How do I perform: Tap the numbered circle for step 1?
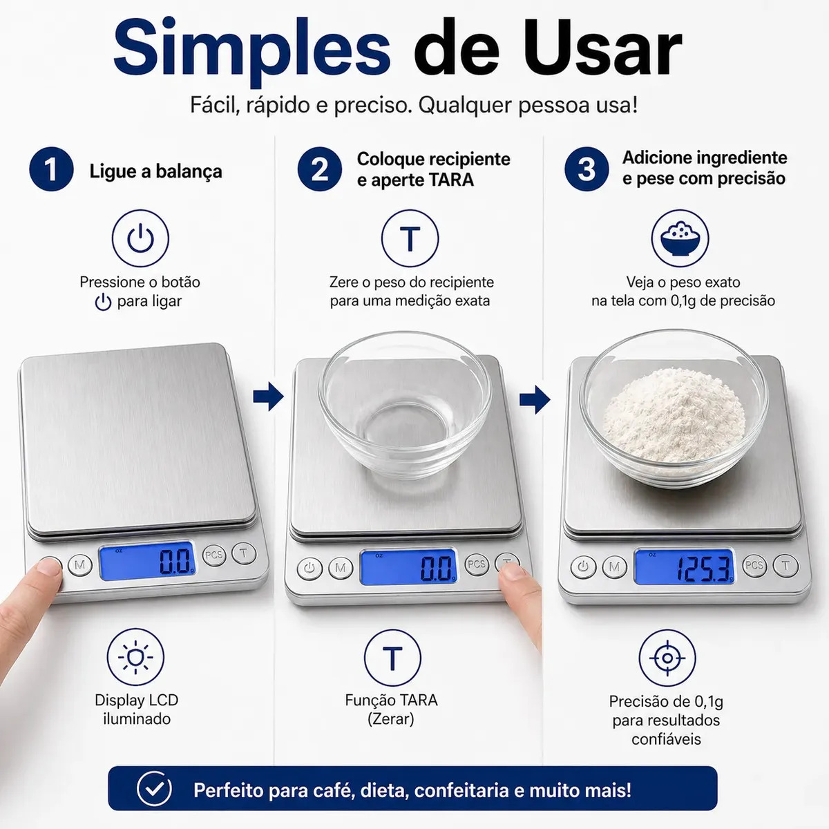click(x=51, y=169)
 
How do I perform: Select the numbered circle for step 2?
click(x=320, y=169)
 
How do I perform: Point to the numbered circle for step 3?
click(x=587, y=169)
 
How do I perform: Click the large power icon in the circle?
click(x=140, y=238)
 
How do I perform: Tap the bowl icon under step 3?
click(x=680, y=238)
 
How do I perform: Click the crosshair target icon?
click(x=667, y=658)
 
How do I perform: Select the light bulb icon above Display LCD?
click(x=135, y=657)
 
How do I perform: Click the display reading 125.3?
click(x=684, y=566)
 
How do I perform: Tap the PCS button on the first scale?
click(x=213, y=555)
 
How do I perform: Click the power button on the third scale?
click(x=583, y=566)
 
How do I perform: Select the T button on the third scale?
click(x=785, y=565)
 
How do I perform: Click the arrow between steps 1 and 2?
click(x=269, y=396)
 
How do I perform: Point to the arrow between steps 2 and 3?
click(x=535, y=399)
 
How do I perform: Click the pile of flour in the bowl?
click(x=674, y=416)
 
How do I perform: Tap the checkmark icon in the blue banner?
click(x=154, y=788)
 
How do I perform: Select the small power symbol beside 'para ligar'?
click(x=103, y=302)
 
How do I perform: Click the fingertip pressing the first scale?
click(x=48, y=567)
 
